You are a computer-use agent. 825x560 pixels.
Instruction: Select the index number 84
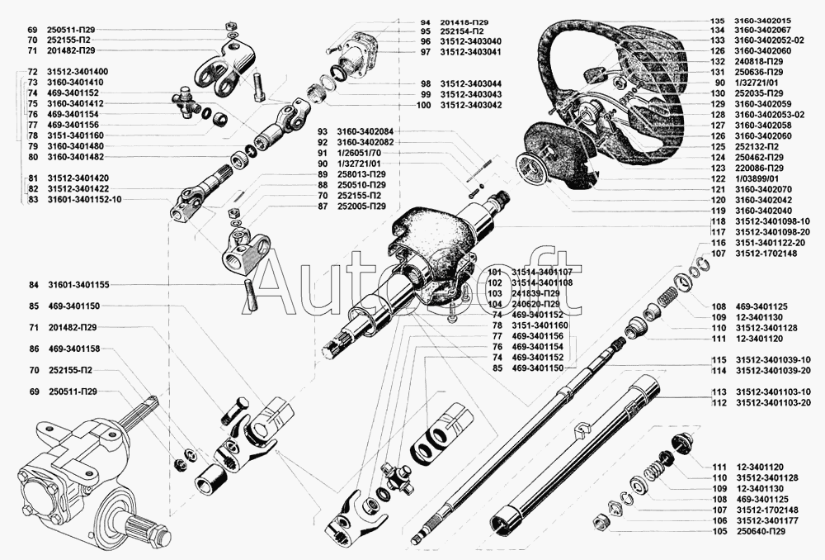33,284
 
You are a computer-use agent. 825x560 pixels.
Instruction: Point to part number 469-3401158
74,349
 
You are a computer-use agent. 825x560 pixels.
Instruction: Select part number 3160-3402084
366,131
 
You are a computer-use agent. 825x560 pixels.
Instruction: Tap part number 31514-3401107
541,271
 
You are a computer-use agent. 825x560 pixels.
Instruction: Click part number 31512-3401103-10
773,392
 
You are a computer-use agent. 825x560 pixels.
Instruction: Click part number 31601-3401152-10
84,200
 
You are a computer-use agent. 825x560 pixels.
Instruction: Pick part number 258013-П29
362,173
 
